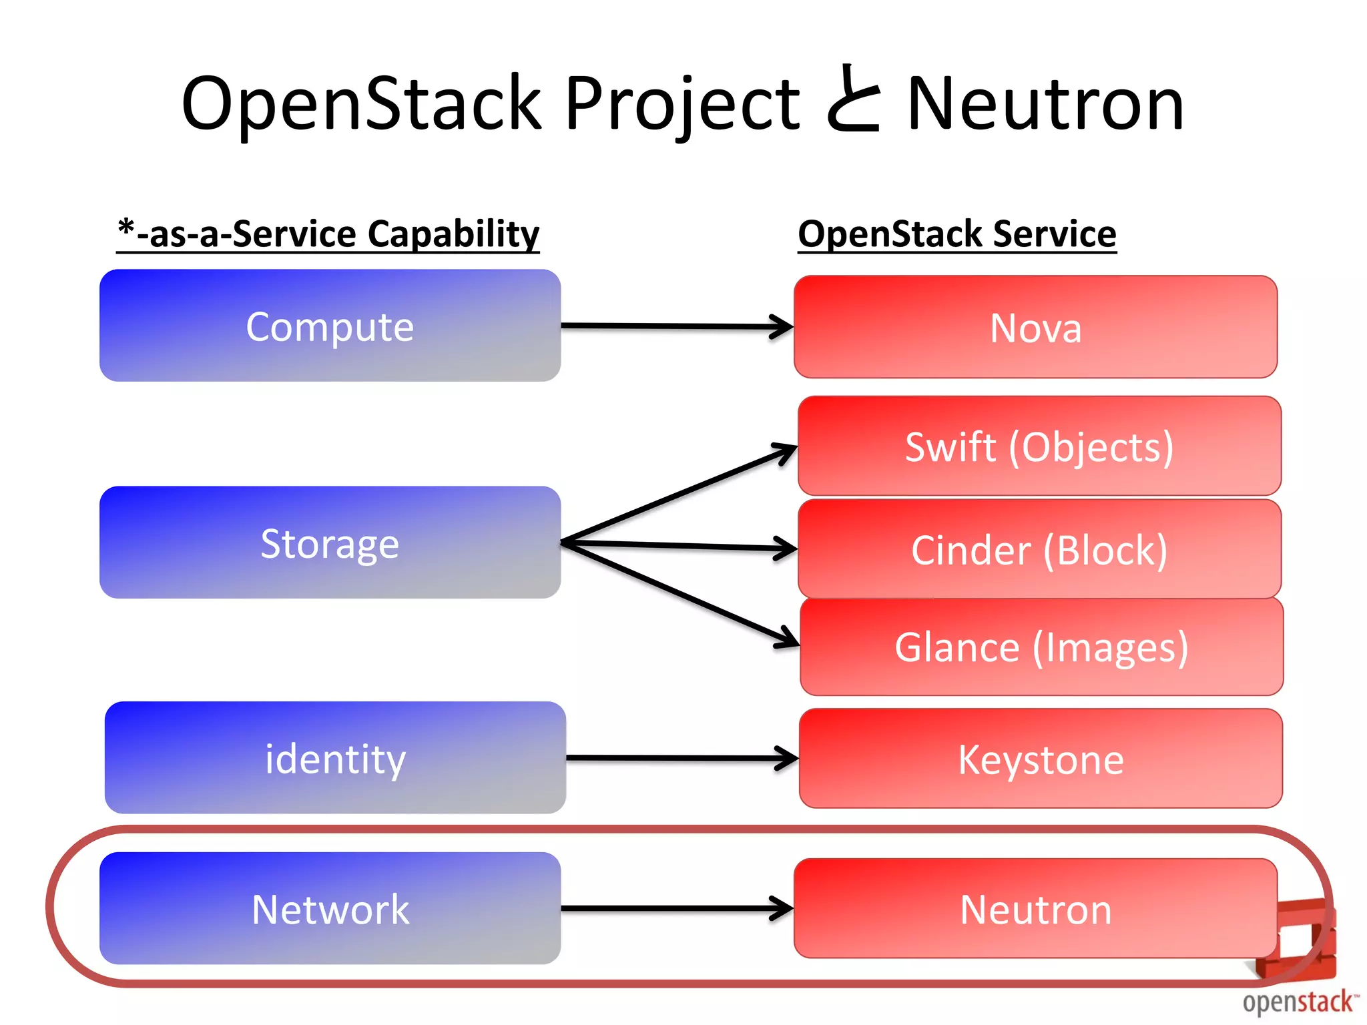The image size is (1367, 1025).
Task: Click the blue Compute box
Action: (x=330, y=326)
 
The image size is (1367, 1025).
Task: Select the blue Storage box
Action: (x=330, y=543)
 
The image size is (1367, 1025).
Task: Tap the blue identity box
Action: (x=335, y=757)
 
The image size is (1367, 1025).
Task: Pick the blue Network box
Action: (x=330, y=908)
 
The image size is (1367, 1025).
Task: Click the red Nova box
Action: (x=1035, y=327)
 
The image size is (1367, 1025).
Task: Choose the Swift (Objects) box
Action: (x=1039, y=446)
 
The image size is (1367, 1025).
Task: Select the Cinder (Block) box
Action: (x=1039, y=549)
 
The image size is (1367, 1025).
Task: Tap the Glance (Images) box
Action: (x=1041, y=647)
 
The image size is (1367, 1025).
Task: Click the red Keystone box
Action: (x=1041, y=759)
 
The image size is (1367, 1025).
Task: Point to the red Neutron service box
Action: (x=1035, y=908)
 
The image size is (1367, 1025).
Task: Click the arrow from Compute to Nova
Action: (x=674, y=326)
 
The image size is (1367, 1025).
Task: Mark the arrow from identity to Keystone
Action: (x=681, y=758)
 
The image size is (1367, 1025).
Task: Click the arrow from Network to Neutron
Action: (x=674, y=908)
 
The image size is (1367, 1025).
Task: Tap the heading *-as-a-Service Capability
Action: (x=328, y=234)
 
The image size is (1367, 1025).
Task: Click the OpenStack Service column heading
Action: (x=956, y=234)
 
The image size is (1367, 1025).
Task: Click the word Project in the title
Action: (x=681, y=103)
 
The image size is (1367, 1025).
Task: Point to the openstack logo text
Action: (x=1298, y=1002)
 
